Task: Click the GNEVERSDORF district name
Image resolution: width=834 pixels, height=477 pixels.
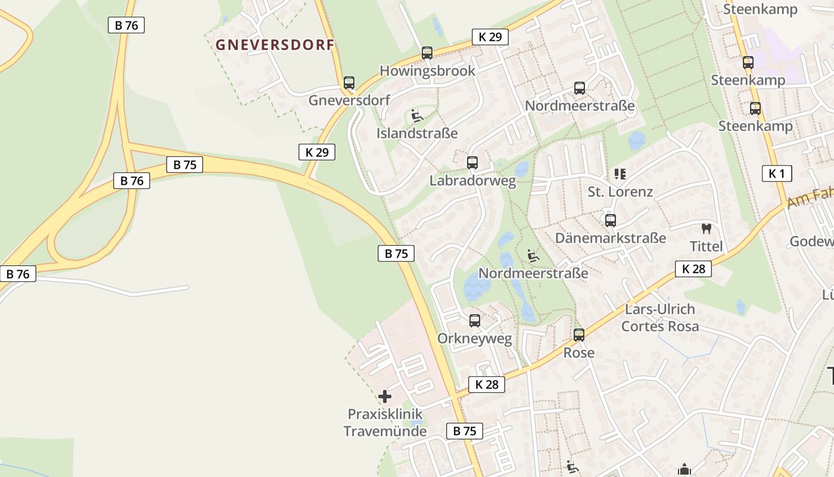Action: (x=275, y=45)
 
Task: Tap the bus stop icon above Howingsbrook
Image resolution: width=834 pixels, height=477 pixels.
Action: (x=427, y=53)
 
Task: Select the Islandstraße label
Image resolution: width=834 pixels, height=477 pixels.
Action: (x=417, y=133)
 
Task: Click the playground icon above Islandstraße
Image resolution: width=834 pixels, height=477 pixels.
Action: (x=417, y=115)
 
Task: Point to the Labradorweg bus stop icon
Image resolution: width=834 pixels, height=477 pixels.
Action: (x=472, y=162)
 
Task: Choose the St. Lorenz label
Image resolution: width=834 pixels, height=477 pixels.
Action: (x=620, y=192)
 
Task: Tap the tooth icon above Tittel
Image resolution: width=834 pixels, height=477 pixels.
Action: (x=707, y=228)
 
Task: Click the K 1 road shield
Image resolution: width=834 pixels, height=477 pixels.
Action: (x=777, y=174)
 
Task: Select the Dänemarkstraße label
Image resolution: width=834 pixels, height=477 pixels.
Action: (x=611, y=238)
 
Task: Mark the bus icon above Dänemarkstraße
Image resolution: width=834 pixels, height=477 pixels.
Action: (x=611, y=221)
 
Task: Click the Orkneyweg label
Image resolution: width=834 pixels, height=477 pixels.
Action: (x=475, y=339)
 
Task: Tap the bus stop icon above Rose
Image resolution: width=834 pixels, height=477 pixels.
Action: (x=579, y=335)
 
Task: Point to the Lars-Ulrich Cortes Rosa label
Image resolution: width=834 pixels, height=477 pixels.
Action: (x=660, y=318)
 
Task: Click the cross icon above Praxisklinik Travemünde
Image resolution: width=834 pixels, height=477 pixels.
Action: (x=385, y=396)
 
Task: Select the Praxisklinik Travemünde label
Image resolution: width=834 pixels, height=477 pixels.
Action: (x=385, y=422)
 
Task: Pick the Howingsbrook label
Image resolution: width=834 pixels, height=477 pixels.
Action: (x=428, y=70)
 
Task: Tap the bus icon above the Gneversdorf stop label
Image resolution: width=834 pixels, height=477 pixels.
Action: (x=349, y=83)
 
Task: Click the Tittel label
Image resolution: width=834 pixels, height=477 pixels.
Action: (x=707, y=246)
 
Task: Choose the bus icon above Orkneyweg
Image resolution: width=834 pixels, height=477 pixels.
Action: (x=475, y=321)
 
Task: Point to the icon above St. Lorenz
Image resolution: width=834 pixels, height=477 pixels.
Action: (x=620, y=174)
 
